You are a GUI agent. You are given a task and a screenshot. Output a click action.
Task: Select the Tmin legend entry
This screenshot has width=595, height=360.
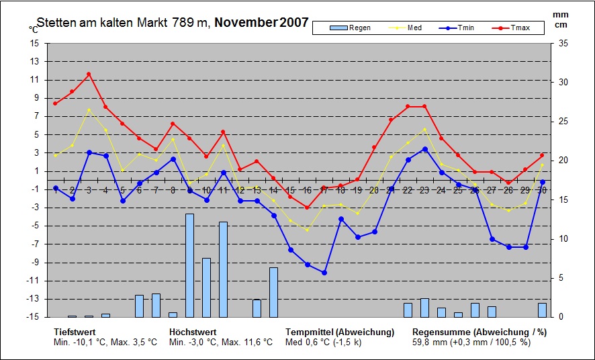click(461, 28)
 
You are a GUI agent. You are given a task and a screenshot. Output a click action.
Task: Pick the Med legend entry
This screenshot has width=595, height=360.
click(410, 28)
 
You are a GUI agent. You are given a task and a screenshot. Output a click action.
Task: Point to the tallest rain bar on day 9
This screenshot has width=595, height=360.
click(189, 265)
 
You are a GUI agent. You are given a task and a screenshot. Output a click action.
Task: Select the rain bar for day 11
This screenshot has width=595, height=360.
click(223, 269)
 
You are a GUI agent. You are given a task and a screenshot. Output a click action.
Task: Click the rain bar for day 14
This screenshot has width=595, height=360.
click(273, 292)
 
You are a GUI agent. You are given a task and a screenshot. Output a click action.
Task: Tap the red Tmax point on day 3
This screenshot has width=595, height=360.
click(89, 74)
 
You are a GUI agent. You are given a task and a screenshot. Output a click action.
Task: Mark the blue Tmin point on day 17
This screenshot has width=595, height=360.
click(324, 273)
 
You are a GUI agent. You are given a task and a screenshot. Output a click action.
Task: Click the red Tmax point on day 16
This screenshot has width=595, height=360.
click(307, 208)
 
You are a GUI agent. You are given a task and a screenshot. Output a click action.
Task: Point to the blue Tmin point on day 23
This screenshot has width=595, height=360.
click(424, 149)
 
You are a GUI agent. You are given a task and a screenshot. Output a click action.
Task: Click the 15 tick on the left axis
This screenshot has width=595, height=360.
click(34, 43)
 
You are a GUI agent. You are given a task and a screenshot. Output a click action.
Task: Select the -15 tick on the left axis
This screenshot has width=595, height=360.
click(32, 317)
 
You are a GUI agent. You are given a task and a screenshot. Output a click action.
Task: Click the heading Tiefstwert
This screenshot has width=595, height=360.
click(75, 332)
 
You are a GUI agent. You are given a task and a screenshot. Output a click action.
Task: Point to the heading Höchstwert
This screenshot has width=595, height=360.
click(192, 332)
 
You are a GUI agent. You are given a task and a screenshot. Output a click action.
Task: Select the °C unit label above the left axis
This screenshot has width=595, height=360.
click(33, 30)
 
